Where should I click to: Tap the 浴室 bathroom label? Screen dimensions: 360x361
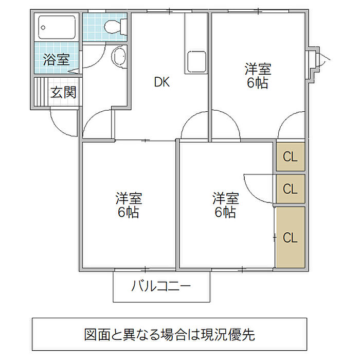coord(56,59)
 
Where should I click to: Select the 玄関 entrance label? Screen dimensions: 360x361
coord(63,93)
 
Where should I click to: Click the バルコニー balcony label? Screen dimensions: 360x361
coord(161,286)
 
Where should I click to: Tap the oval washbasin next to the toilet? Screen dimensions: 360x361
coord(119,56)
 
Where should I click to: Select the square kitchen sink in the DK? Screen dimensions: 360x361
coord(196,62)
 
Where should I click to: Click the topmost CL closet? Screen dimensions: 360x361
coord(291,157)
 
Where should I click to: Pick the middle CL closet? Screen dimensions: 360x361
coord(291,188)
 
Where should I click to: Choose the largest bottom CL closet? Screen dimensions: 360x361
coord(291,237)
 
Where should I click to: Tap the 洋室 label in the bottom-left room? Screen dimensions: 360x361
coord(129,198)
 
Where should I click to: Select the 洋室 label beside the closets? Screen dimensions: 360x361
coord(226,198)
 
